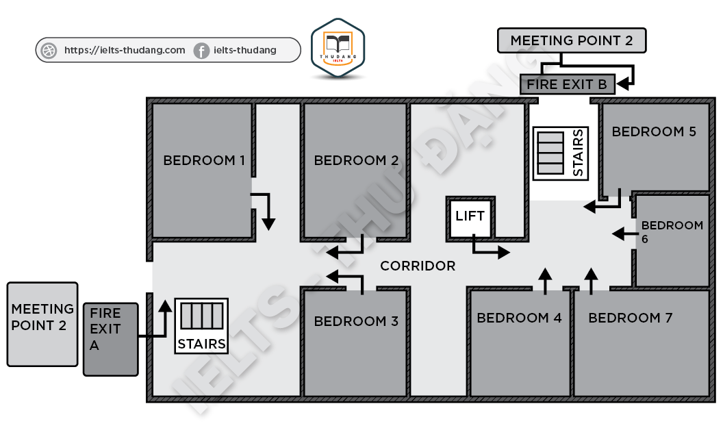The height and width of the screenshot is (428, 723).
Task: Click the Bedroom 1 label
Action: pos(203,161)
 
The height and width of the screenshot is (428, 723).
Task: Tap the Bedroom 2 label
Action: pos(356,161)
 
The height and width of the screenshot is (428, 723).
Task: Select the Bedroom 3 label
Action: pos(356,321)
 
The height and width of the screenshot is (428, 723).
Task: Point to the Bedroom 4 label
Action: pos(519,318)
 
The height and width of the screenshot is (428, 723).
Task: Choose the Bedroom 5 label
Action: pos(654,131)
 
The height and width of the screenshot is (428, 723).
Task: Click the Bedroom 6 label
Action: pos(672,231)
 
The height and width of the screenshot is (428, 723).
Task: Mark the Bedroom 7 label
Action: pos(630,318)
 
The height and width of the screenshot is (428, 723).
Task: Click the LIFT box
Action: pos(470,218)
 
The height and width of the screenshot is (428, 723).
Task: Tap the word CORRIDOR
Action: pos(418,266)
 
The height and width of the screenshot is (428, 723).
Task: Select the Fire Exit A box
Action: pos(110,338)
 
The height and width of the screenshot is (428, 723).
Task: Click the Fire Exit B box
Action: pos(567,85)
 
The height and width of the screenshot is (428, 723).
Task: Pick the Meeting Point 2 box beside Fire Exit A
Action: pos(42,324)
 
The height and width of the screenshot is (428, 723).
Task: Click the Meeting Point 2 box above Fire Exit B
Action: pos(571,40)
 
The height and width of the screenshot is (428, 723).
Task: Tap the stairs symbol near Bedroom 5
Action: pos(560,153)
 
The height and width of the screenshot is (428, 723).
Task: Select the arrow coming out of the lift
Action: pos(490,248)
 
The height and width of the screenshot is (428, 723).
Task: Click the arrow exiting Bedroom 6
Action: pos(624,234)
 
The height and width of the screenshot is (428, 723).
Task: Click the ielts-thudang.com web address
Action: pos(124,50)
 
